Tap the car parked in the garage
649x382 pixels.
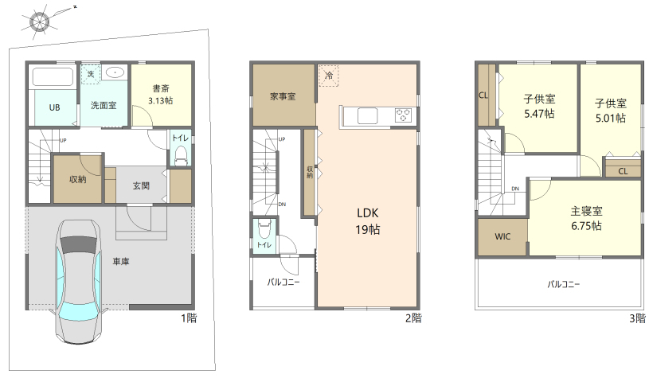tap(79, 283)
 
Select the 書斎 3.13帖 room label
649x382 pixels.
tap(161, 95)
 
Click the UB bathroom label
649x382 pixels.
tap(55, 107)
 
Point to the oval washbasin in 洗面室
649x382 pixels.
tap(115, 73)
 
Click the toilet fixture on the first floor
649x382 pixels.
tap(182, 156)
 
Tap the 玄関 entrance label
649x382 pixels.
tap(141, 185)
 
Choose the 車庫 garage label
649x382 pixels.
tap(121, 262)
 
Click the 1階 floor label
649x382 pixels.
tap(190, 318)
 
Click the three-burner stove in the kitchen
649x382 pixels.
tap(403, 115)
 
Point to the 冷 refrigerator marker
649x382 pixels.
tap(329, 76)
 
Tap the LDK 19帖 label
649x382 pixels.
tap(368, 221)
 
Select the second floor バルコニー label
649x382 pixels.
tap(283, 283)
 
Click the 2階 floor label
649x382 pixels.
tap(413, 318)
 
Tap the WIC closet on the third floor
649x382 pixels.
tap(503, 236)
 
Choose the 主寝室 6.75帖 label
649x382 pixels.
tap(586, 219)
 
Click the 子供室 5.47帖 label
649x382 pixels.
tap(539, 107)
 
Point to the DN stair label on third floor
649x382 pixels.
tap(515, 189)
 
